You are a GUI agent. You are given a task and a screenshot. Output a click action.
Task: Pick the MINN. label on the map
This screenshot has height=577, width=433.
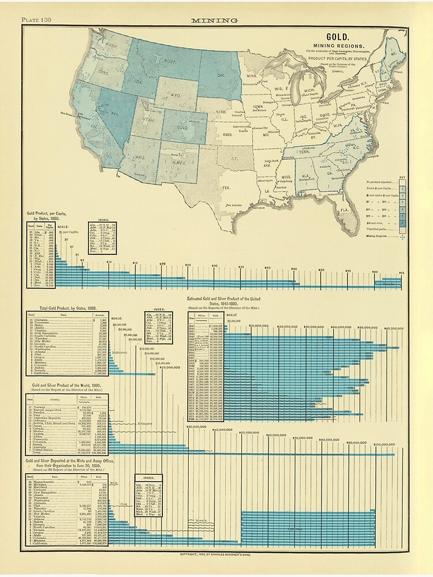252,76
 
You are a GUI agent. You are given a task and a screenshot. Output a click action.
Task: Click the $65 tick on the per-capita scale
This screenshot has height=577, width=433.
401,255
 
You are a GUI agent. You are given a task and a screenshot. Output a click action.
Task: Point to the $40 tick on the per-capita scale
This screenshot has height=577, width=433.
267,252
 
